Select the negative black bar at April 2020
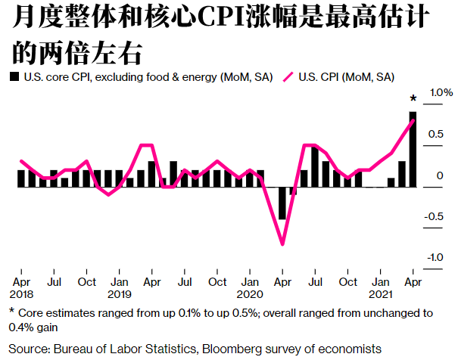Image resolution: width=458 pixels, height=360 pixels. [282, 203]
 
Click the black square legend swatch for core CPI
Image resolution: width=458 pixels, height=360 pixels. [14, 77]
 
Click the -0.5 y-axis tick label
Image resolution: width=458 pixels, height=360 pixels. [435, 217]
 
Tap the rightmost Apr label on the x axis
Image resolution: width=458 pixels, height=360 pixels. [413, 282]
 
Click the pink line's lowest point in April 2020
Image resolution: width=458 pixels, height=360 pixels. [282, 244]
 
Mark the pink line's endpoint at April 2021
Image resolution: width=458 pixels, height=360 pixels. [413, 121]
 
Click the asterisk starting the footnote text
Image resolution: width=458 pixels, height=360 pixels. [11, 312]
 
